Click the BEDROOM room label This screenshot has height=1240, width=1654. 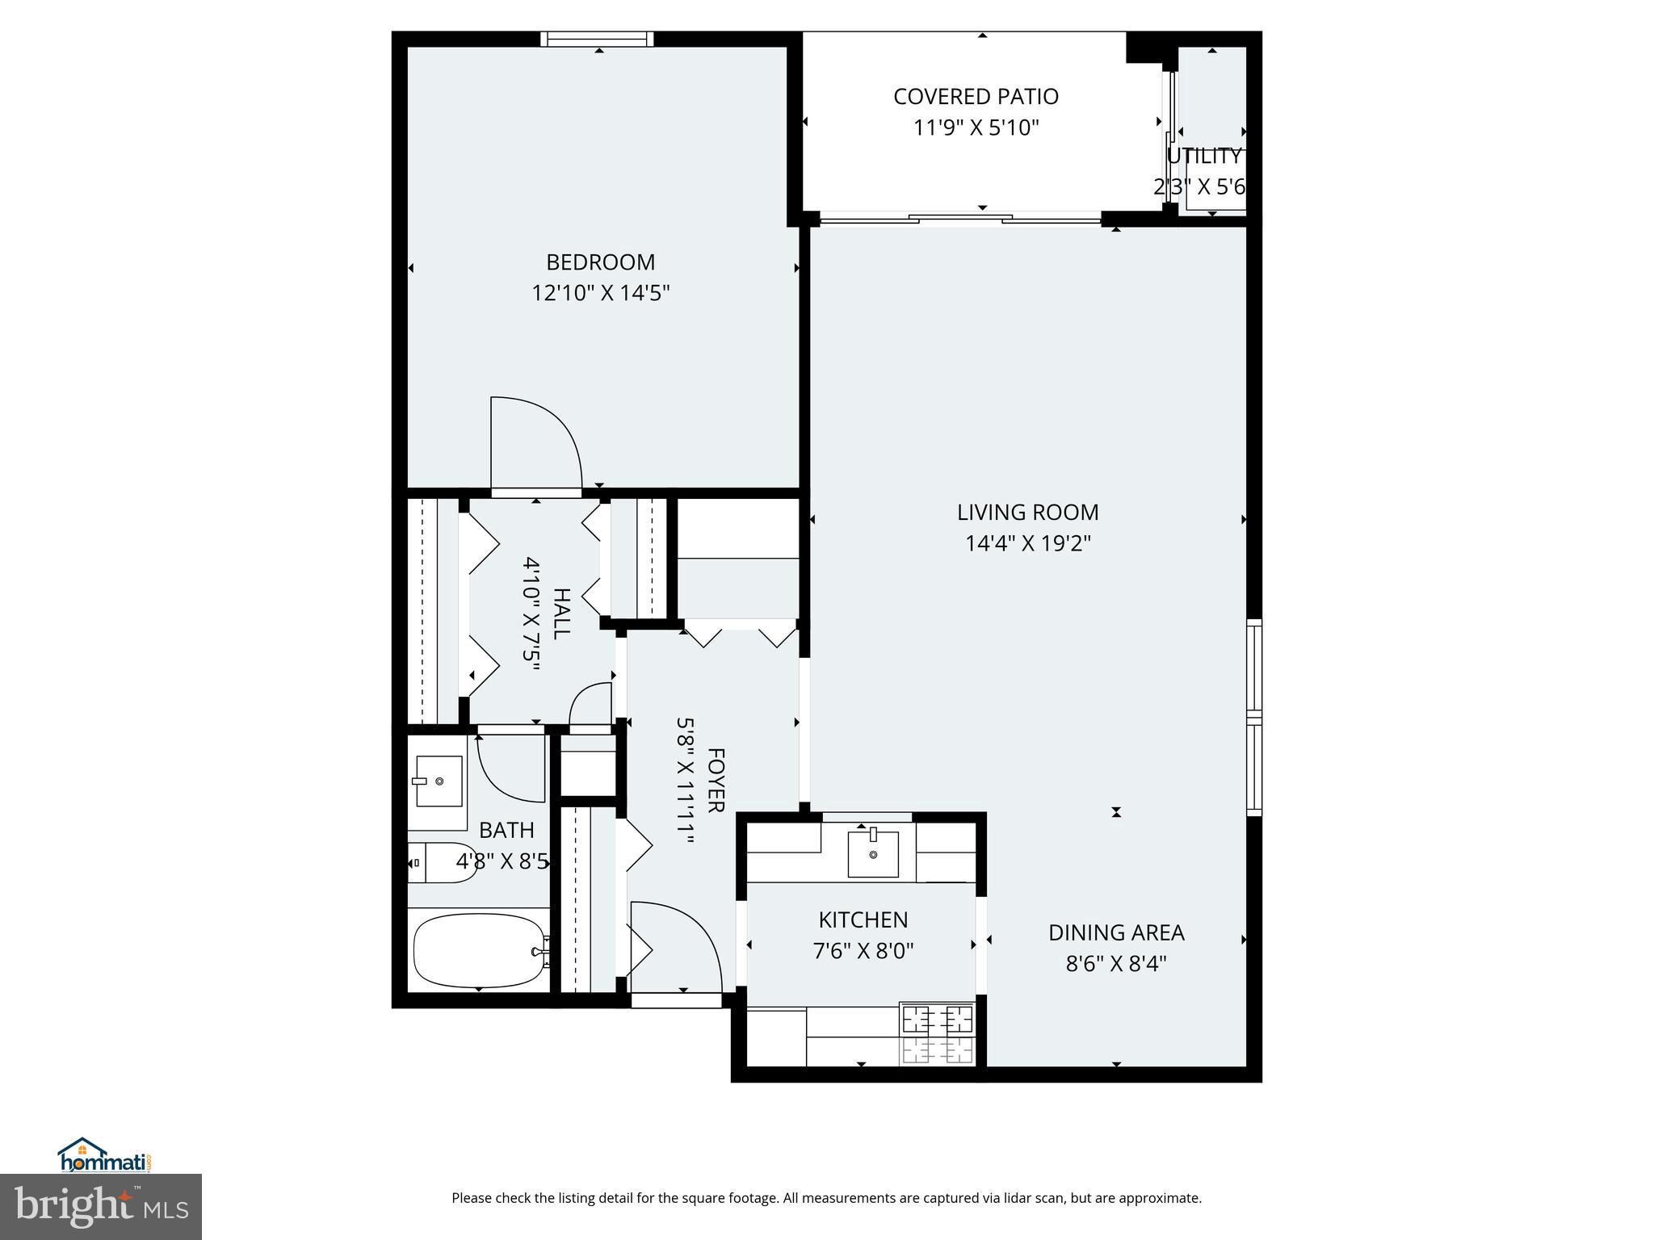600,262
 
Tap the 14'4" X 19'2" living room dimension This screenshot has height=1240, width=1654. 1027,543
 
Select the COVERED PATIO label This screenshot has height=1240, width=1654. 975,97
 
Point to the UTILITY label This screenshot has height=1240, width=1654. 1203,157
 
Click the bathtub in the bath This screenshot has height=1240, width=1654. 479,950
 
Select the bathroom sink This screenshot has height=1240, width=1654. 439,781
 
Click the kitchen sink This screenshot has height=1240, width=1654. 872,853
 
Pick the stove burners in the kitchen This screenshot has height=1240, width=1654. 937,1034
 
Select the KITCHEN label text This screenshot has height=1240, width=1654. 863,920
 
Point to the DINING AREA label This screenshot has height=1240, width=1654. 1115,932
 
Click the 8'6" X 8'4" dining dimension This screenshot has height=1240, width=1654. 1115,964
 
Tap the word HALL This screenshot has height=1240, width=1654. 561,614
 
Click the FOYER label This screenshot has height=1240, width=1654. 716,780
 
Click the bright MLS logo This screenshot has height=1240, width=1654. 101,1206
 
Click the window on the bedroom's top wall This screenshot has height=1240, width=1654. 597,39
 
